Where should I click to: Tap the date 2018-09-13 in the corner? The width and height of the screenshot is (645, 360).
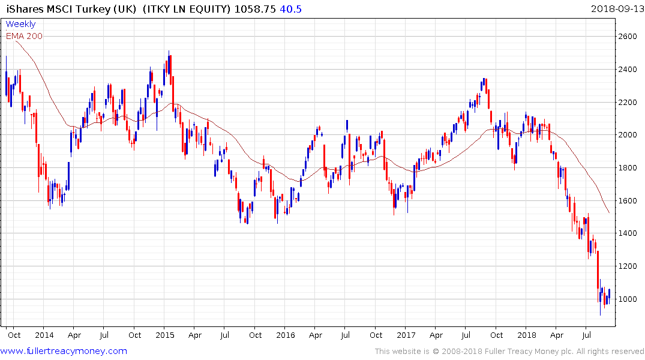click(x=617, y=8)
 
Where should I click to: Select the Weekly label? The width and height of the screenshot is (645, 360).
click(x=20, y=25)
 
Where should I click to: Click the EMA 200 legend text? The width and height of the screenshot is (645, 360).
click(x=24, y=36)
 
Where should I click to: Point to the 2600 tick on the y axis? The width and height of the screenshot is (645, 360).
click(x=628, y=37)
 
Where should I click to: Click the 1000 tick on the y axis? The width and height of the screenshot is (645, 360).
click(x=628, y=299)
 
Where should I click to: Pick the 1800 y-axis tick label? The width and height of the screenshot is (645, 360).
click(x=628, y=168)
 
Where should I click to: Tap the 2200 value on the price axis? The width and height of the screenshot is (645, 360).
click(x=628, y=102)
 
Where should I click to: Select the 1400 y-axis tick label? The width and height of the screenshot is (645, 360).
click(x=628, y=233)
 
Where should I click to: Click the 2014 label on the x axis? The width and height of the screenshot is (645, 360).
click(x=44, y=335)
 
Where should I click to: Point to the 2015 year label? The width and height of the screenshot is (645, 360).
click(x=164, y=335)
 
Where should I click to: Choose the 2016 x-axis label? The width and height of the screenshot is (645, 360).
click(x=285, y=335)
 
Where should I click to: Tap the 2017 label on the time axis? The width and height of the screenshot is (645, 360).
click(x=406, y=335)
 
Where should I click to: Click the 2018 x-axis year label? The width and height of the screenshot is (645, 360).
click(x=526, y=335)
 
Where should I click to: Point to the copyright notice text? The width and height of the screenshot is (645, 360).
click(x=509, y=352)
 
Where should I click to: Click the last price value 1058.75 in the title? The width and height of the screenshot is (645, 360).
click(x=255, y=8)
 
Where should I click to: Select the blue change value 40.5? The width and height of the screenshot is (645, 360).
click(x=291, y=8)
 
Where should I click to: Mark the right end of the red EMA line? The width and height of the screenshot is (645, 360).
click(x=610, y=212)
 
